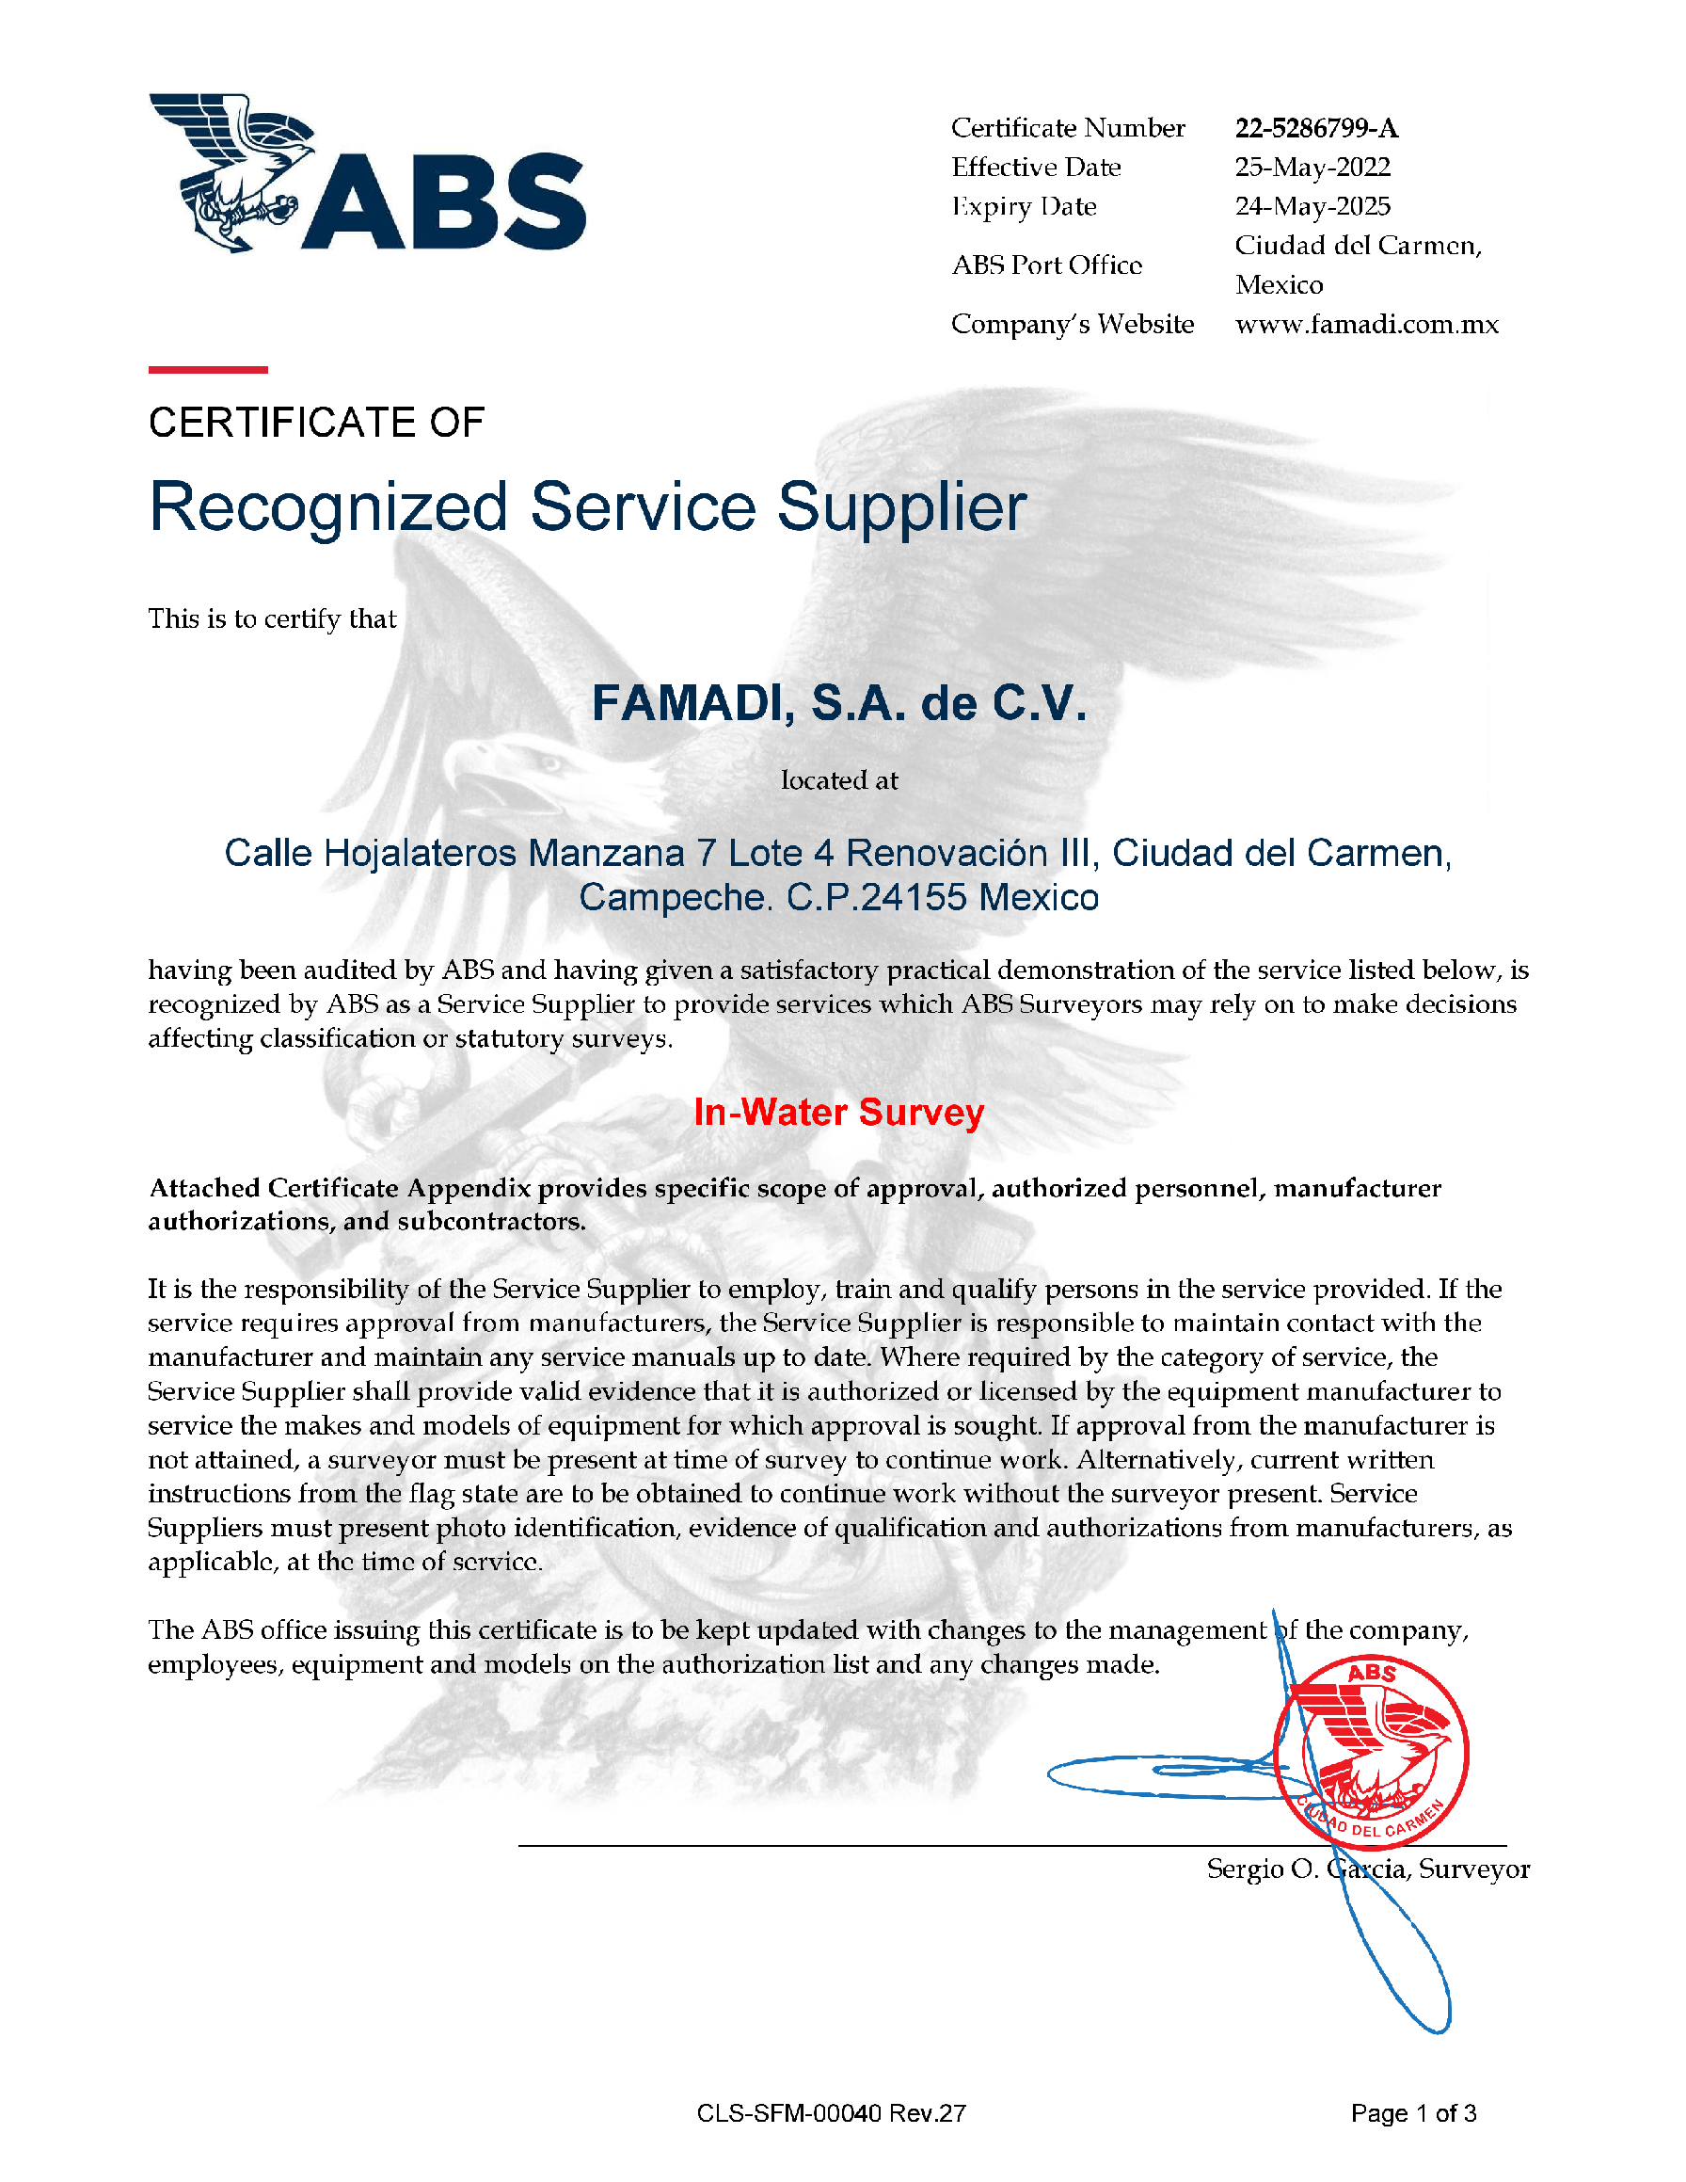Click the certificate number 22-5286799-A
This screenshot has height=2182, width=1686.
1315,128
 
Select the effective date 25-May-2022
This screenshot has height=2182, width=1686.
1312,167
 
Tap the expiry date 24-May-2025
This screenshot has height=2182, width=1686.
1312,206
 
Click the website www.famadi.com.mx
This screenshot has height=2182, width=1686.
1365,324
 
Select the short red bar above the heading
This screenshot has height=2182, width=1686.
208,370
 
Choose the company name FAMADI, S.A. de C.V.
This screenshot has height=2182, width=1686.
839,703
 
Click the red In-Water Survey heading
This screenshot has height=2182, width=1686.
839,1112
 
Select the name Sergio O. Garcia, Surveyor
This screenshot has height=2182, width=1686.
1367,1869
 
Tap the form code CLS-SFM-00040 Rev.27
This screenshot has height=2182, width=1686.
831,2113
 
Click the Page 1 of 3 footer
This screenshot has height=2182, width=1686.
1412,2113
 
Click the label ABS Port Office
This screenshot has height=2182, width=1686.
1046,265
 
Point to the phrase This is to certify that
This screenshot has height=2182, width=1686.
272,618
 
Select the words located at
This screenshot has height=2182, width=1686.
839,780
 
